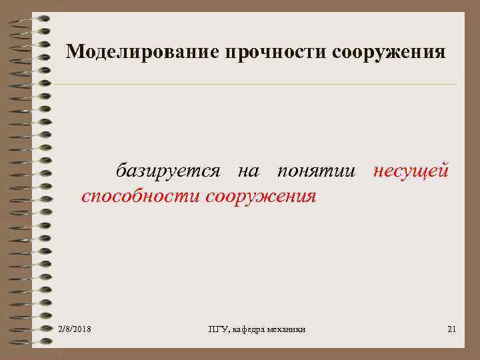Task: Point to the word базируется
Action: pos(168,171)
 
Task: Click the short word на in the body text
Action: pos(249,171)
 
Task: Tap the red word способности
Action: pos(141,196)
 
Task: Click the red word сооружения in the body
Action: pos(261,196)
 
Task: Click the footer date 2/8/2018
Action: pos(75,329)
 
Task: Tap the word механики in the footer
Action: pos(287,329)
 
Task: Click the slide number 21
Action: pos(451,329)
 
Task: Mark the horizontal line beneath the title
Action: pos(253,85)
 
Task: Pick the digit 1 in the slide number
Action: pos(454,329)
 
